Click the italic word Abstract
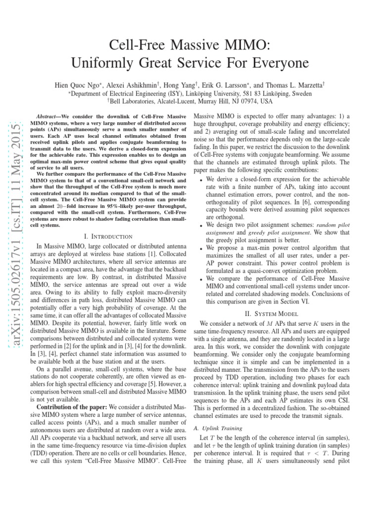coord(50,114)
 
